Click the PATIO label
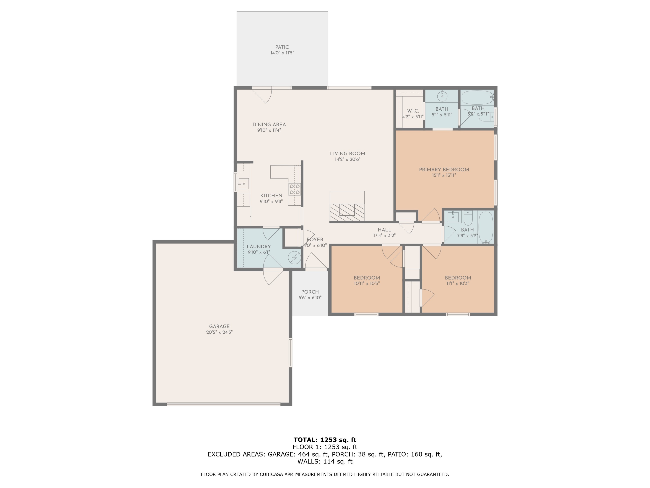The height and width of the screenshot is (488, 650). click(x=282, y=47)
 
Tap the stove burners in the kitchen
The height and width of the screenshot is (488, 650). click(x=294, y=189)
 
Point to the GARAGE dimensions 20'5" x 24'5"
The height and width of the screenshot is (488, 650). click(x=219, y=332)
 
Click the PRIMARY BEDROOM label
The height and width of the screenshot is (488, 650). click(x=444, y=169)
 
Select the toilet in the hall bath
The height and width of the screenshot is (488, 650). click(x=468, y=218)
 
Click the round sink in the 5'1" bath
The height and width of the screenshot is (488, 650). click(x=442, y=96)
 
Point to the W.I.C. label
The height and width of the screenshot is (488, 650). click(x=413, y=111)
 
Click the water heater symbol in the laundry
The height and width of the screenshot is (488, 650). click(x=294, y=258)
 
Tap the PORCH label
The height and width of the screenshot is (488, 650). click(x=310, y=292)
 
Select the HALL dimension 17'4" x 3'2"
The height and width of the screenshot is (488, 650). click(x=384, y=235)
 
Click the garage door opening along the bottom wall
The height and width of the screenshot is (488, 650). click(x=223, y=404)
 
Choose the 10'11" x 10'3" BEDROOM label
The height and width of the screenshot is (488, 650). click(x=367, y=278)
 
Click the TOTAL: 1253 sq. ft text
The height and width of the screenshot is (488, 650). click(x=325, y=440)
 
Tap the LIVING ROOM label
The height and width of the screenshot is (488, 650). click(x=347, y=154)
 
